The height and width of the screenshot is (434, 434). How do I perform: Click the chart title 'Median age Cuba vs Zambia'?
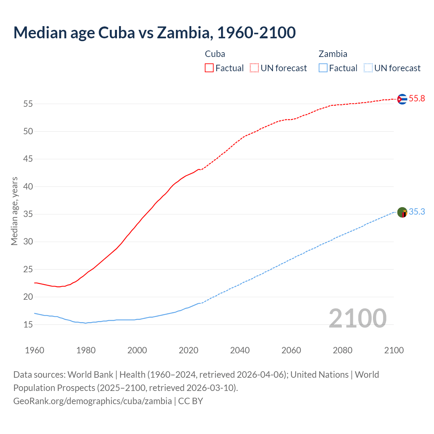point(154,33)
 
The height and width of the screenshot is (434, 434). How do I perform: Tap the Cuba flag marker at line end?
point(402,99)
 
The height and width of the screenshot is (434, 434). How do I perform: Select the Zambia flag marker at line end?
point(402,213)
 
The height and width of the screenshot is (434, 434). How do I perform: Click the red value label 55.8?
point(417,99)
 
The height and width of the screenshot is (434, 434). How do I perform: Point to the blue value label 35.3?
point(417,212)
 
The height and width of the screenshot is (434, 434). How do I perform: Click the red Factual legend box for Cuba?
point(209,68)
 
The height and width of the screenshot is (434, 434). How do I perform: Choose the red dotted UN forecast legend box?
point(254,68)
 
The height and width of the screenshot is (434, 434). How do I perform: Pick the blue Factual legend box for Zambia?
point(323,68)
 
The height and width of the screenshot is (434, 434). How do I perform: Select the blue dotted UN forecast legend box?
point(368,68)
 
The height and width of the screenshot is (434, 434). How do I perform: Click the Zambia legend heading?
point(333,54)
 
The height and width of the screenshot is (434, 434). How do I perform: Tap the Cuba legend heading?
point(215,54)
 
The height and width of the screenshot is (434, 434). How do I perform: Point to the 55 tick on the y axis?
point(28,104)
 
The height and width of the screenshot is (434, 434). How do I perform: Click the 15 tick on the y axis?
point(28,324)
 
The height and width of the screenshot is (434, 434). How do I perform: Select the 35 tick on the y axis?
point(28,214)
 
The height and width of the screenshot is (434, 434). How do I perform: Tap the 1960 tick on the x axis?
point(35,350)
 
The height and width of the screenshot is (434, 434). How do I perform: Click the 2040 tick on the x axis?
point(240,350)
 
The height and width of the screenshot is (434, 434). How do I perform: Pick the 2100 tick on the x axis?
point(394,350)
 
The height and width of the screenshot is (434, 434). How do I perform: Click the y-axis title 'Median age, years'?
point(14,211)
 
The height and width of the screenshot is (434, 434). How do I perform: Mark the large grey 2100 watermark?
point(357,318)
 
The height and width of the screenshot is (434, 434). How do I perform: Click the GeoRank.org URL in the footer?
point(93,401)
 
